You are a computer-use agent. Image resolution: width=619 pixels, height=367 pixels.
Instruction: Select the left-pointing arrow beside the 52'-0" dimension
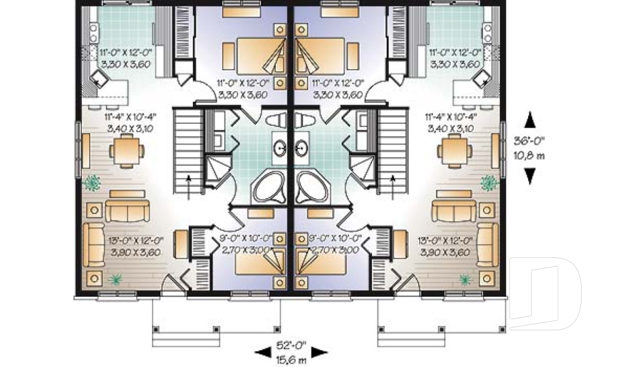coord(263,352)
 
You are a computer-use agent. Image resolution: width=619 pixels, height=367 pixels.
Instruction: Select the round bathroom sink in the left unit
coord(282,148)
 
